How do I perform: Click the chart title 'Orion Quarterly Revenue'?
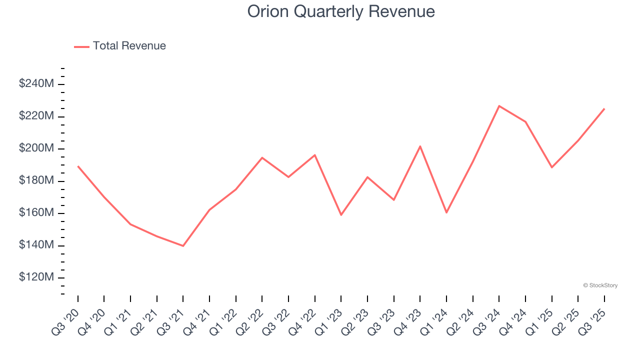click(341, 11)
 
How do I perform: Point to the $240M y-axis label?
click(36, 84)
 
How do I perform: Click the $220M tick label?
click(36, 116)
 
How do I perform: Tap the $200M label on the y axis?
click(36, 148)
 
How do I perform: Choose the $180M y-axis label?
click(36, 180)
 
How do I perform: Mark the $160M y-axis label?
click(36, 213)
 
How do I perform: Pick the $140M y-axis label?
click(36, 245)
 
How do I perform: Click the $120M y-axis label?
click(36, 277)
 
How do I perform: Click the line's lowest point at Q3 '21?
click(183, 246)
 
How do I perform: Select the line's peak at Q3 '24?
click(499, 106)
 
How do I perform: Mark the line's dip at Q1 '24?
click(446, 212)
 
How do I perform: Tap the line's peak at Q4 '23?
click(420, 146)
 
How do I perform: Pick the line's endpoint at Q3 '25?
click(604, 108)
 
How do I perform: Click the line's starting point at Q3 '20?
click(78, 166)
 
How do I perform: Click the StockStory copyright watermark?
click(600, 285)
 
